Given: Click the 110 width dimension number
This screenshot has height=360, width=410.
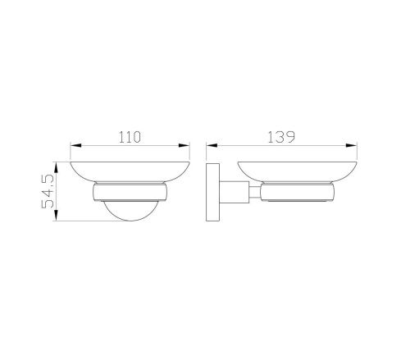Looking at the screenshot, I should (x=129, y=135).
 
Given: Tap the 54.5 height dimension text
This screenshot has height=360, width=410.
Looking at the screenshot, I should (x=47, y=191).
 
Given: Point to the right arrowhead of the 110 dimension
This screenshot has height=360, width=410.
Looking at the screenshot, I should (x=186, y=147).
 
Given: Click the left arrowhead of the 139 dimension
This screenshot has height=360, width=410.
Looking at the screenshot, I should (x=212, y=147).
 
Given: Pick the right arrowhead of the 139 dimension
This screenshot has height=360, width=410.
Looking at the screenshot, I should (x=357, y=147).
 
